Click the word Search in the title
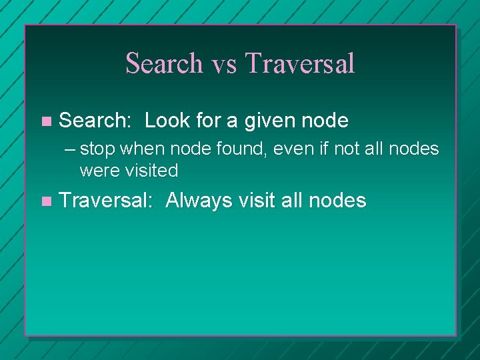click(x=164, y=63)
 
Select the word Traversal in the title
click(x=300, y=63)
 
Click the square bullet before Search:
click(x=45, y=121)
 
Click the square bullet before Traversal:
click(x=45, y=201)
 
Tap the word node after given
click(x=325, y=121)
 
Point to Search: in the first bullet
click(x=97, y=121)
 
